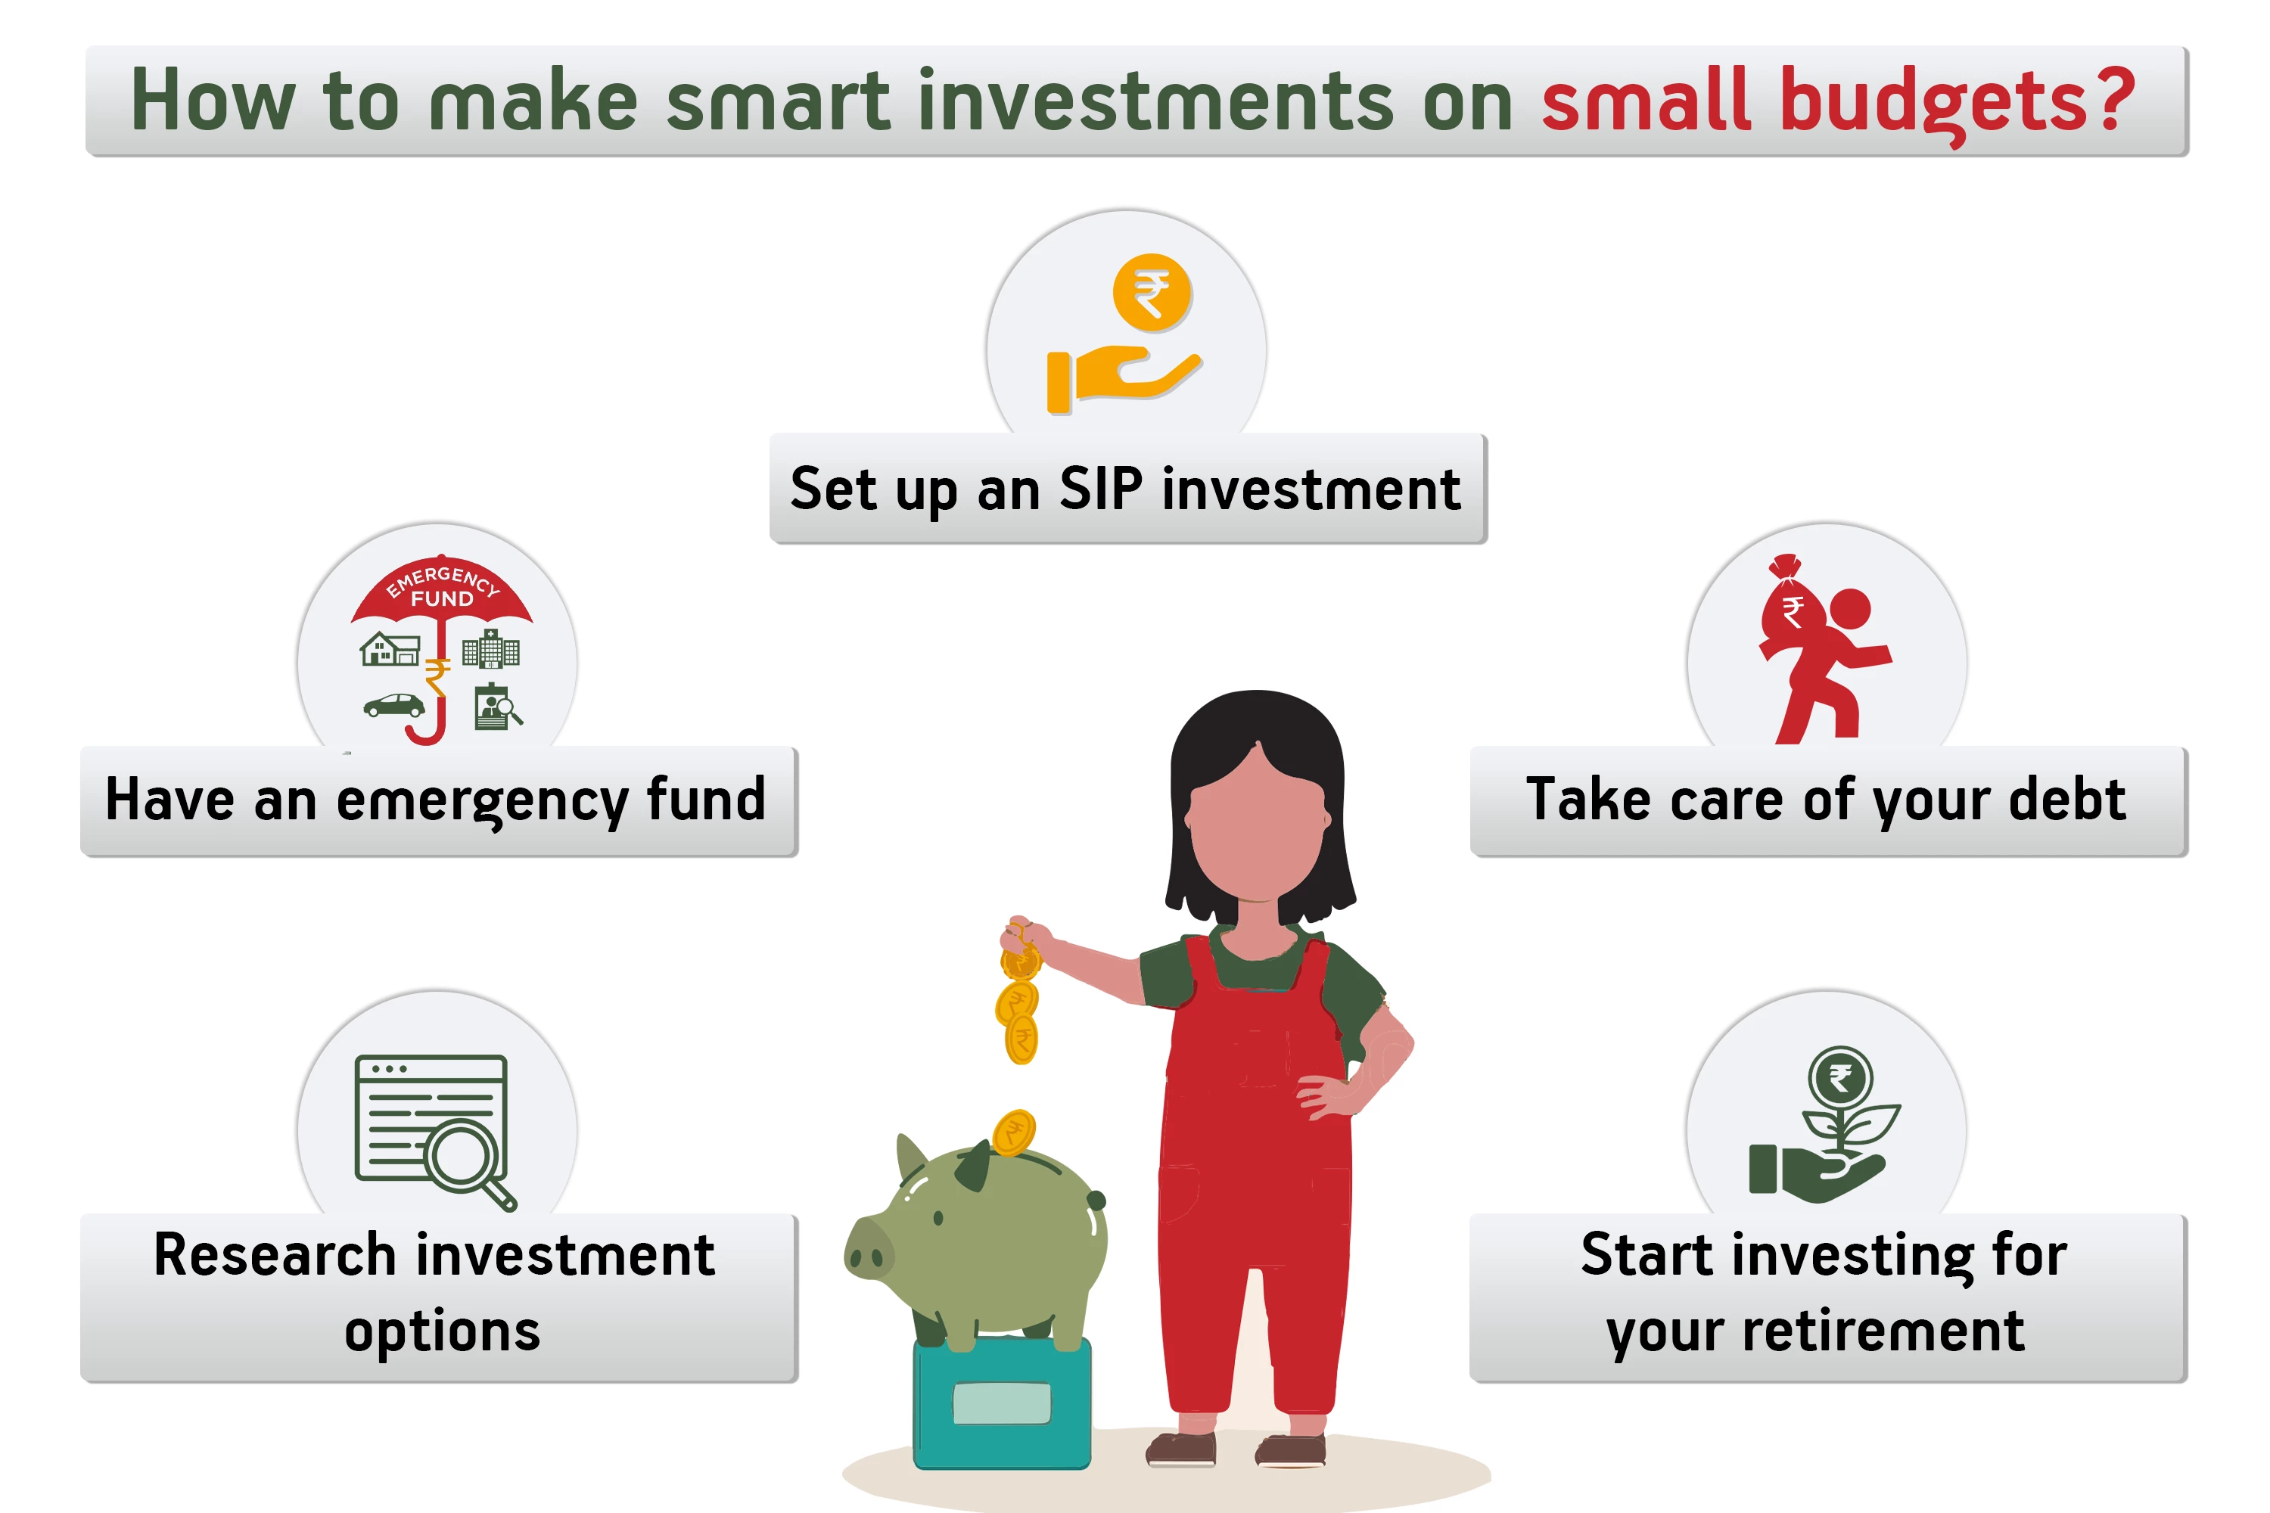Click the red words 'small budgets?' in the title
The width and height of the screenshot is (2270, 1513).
[1839, 101]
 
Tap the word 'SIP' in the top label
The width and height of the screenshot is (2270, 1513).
[1101, 489]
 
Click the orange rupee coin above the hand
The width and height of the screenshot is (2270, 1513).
[1152, 292]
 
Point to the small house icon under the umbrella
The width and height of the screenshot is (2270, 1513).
[390, 648]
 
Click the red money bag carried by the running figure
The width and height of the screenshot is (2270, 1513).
[1791, 606]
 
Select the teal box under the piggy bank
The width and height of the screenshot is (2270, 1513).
[1002, 1404]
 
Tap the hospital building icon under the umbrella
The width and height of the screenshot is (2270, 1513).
[490, 648]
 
